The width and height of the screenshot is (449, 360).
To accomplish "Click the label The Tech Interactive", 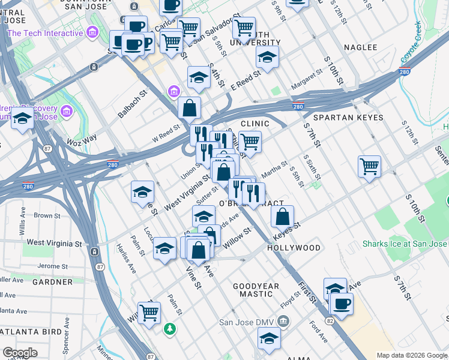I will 45,33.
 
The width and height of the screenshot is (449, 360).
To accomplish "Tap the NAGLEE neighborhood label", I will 360,47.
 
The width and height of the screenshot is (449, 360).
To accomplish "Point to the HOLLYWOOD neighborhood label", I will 294,248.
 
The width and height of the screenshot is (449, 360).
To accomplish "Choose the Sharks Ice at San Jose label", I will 405,244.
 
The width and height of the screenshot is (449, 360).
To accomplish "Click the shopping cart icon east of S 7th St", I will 369,166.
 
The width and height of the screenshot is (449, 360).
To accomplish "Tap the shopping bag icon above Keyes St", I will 283,215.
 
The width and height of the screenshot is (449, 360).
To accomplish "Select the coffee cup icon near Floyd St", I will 342,303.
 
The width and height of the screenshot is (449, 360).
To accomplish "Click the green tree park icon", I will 170,329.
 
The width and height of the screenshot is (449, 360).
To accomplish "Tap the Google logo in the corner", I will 20,353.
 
